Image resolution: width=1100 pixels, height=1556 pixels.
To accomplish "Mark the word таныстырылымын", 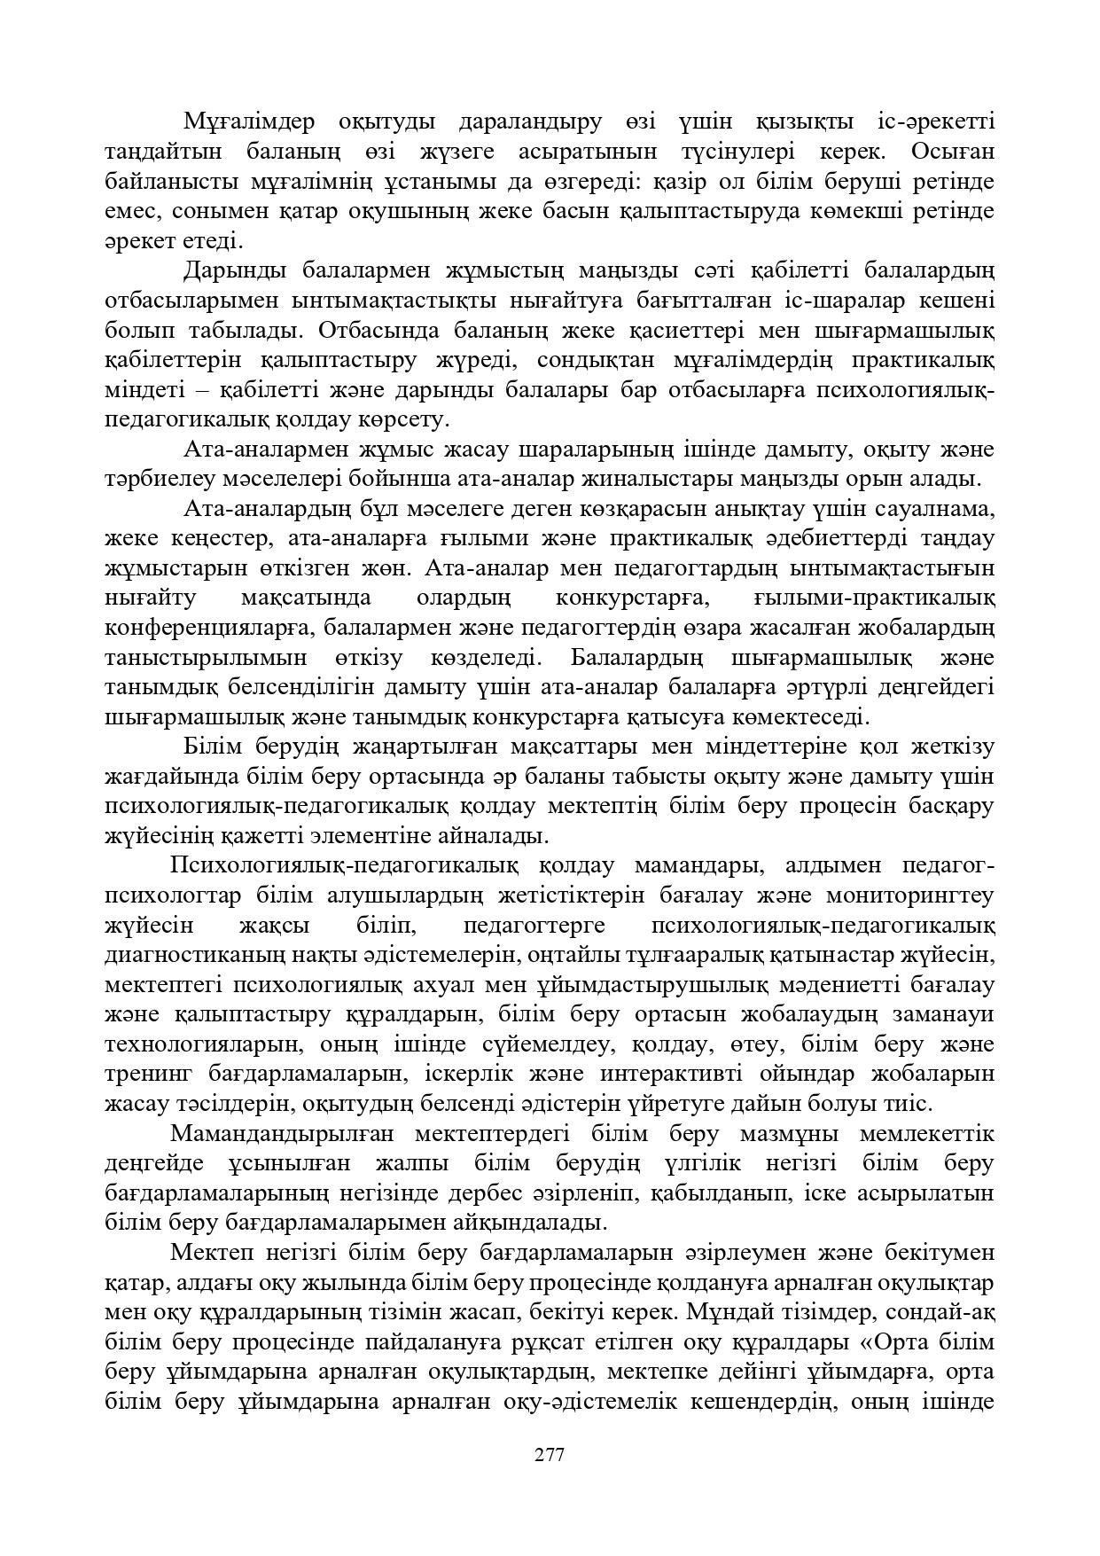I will click(x=206, y=658).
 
